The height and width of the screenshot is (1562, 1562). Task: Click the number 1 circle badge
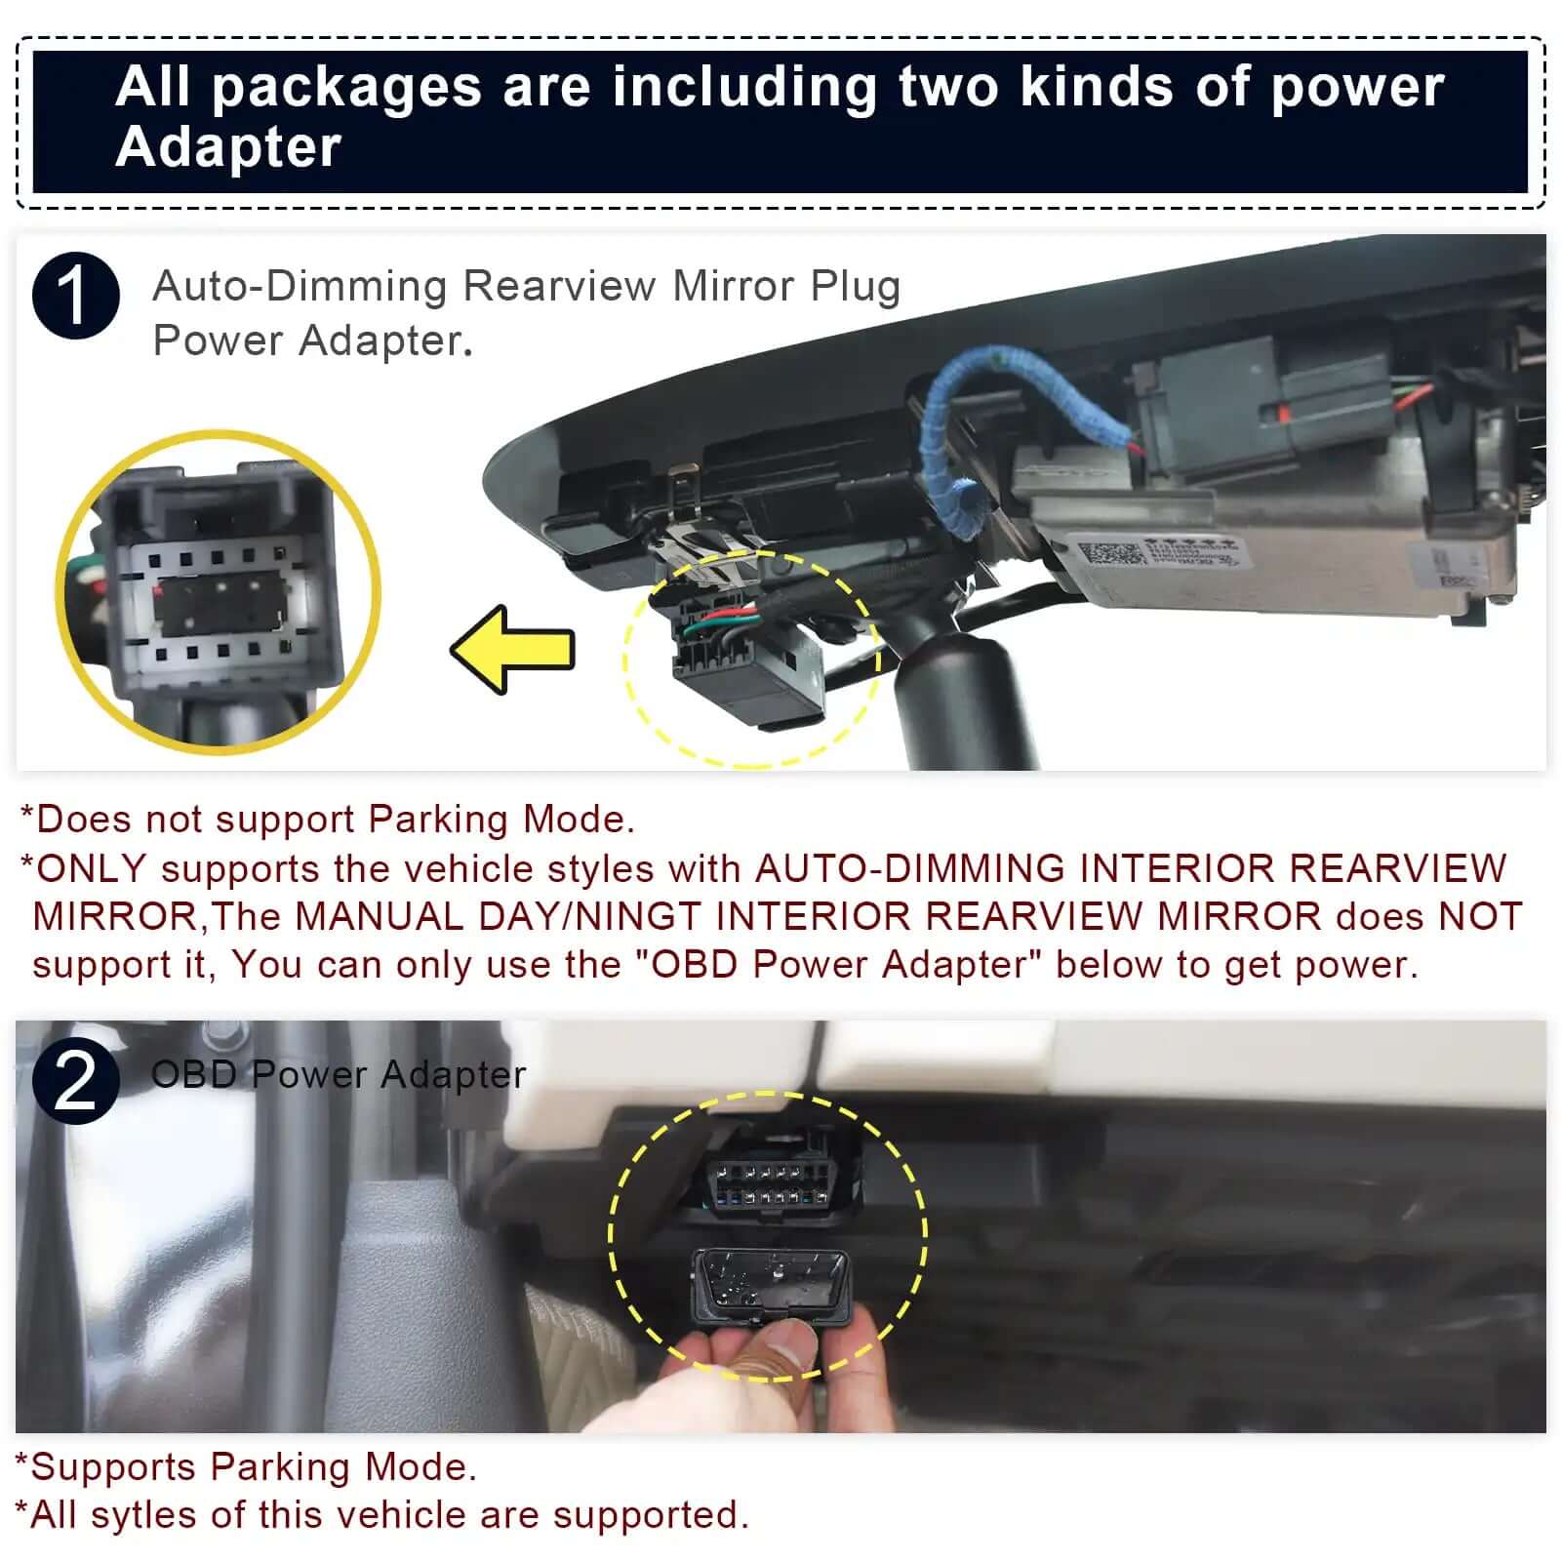[x=76, y=295]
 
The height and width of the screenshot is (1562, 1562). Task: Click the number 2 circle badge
[x=76, y=1081]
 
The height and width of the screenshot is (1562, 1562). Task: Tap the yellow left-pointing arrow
[x=513, y=650]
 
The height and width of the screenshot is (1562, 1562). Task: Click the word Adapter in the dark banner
[x=228, y=147]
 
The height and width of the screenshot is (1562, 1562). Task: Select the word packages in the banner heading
[x=346, y=86]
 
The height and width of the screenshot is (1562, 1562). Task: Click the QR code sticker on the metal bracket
[x=1107, y=554]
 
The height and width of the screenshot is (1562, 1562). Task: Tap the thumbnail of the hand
[x=771, y=1366]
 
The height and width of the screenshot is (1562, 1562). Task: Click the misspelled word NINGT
[x=639, y=917]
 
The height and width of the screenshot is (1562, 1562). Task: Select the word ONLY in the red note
[x=91, y=868]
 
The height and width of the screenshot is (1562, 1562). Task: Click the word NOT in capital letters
[x=1480, y=917]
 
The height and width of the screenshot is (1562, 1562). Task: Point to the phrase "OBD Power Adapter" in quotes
[x=839, y=964]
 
